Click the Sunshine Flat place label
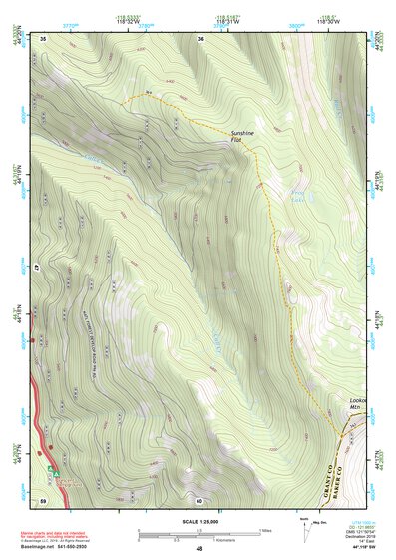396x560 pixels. click(x=243, y=137)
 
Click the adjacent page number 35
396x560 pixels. click(x=44, y=38)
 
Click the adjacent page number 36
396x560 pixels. click(x=201, y=38)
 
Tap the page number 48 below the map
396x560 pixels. click(x=199, y=549)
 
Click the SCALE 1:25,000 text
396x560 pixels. click(x=199, y=520)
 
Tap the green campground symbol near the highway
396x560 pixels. click(x=50, y=465)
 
